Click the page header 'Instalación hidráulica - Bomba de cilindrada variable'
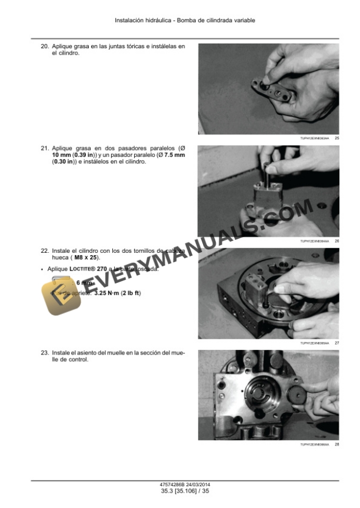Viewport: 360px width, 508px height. click(185, 20)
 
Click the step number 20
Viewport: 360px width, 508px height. click(44, 46)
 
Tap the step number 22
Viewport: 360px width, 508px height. click(44, 251)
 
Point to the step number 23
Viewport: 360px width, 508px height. click(44, 353)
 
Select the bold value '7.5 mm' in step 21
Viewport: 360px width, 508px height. click(174, 155)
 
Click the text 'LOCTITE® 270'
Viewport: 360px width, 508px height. click(88, 269)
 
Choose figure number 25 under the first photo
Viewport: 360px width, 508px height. click(336, 138)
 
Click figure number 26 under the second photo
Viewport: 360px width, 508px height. click(336, 241)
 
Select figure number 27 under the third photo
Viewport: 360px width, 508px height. click(336, 343)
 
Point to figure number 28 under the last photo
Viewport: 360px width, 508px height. click(336, 444)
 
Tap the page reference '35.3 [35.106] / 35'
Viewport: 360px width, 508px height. click(181, 491)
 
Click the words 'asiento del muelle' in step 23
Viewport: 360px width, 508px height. click(100, 353)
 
